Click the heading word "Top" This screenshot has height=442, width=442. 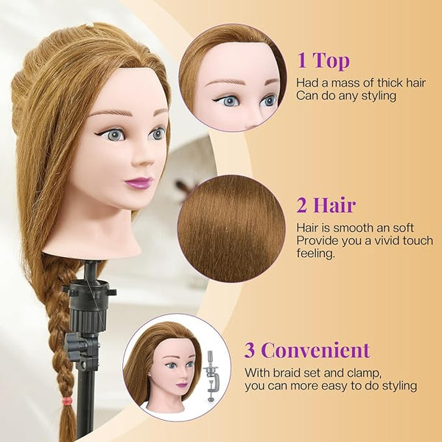331,60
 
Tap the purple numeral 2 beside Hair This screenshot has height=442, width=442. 301,206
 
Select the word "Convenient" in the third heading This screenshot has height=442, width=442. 315,350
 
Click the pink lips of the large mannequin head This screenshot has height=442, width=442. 138,183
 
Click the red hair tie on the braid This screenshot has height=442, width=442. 67,400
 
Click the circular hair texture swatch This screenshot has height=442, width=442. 231,228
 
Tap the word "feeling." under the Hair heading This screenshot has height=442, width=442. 315,253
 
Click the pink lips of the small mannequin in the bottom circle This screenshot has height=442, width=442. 181,385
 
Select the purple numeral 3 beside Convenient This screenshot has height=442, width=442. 249,350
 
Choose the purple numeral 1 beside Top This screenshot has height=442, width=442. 302,60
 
